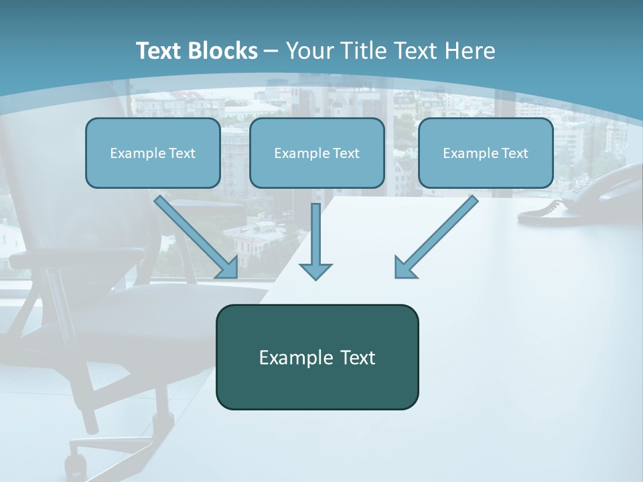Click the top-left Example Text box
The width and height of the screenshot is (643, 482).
pos(153,153)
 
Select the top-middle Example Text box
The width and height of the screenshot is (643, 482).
pos(317,153)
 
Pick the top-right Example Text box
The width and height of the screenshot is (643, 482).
pos(486,153)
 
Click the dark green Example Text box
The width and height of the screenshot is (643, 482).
pos(317,357)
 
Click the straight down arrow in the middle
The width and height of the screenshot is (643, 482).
pos(315,234)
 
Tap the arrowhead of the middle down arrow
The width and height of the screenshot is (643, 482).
pos(315,270)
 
